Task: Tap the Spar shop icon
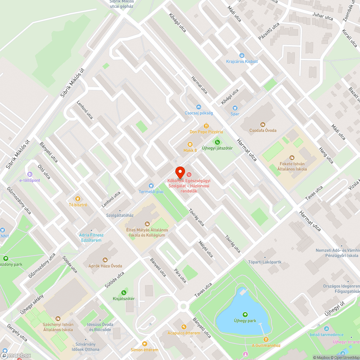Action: pos(235,108)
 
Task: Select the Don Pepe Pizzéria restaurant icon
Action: pos(206,126)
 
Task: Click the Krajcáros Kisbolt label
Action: pos(242,62)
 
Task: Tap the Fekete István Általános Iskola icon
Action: pos(292,157)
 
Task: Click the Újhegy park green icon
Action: pos(245,314)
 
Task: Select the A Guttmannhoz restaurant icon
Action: pos(266,339)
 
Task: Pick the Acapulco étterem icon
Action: pos(184,327)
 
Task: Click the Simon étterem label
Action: pos(144,350)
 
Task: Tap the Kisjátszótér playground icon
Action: pos(124,292)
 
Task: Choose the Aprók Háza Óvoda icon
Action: pos(105,260)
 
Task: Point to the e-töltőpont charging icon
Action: pos(30,174)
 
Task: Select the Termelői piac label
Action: pos(151,192)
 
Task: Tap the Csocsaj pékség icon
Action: pos(198,107)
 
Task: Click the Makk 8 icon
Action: pos(190,144)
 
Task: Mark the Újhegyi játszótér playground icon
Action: pos(217,142)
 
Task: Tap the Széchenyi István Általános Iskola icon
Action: pos(58,319)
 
